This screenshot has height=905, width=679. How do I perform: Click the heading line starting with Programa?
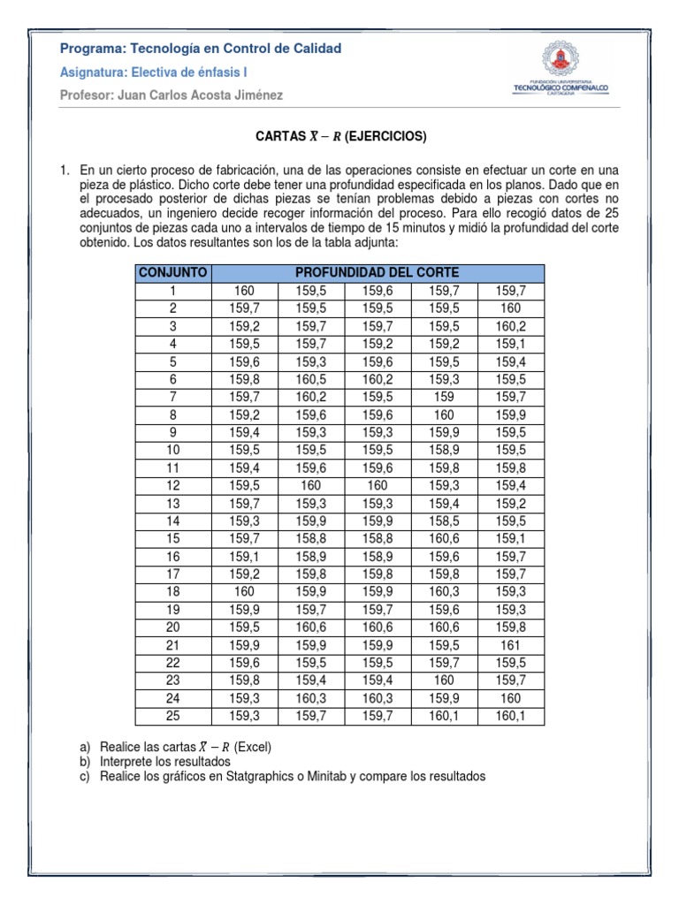tap(200, 48)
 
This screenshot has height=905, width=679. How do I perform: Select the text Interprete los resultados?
tap(164, 762)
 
